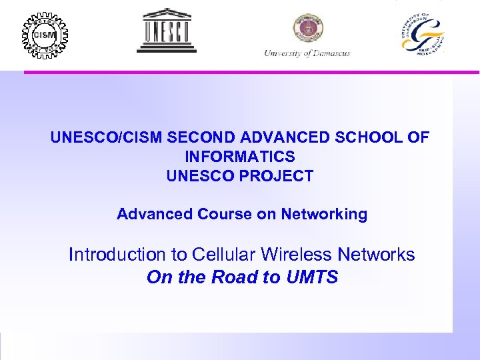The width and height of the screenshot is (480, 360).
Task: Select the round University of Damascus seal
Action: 307,29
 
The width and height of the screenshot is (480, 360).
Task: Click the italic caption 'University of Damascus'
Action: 307,53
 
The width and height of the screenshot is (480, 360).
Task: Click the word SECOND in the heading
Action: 204,138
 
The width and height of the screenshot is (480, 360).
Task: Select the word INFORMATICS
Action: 240,157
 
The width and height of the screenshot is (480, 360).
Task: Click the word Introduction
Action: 117,255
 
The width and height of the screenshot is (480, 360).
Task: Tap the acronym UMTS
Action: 313,277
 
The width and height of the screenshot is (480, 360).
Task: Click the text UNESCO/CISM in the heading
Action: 107,138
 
